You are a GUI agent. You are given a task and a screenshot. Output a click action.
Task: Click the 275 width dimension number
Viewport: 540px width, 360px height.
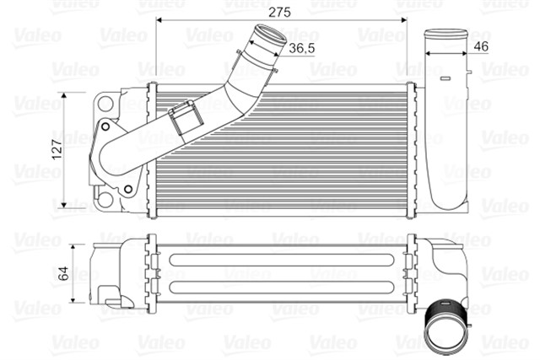click(x=279, y=12)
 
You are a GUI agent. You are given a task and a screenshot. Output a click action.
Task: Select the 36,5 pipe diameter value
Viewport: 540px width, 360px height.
click(x=302, y=49)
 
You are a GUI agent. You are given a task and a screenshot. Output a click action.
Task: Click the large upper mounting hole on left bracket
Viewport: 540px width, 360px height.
click(x=105, y=105)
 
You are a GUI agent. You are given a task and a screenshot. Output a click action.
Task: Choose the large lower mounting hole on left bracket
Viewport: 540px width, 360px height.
click(x=104, y=200)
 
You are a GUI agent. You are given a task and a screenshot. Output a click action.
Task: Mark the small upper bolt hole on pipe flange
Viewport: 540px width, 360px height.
click(x=105, y=129)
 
